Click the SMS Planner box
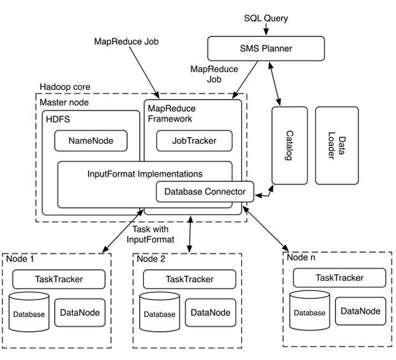tap(266, 49)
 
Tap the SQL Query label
tap(266, 19)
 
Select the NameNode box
tap(91, 141)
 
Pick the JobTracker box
tap(194, 141)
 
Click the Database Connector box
tap(205, 191)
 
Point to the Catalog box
tap(289, 146)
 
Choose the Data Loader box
tap(337, 146)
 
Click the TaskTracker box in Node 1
tap(59, 279)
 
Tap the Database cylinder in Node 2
tap(160, 312)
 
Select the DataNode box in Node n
tap(361, 311)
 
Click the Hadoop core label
tap(65, 87)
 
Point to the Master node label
tap(64, 103)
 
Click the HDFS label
tap(58, 119)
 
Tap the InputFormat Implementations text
tap(145, 174)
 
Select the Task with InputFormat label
tap(151, 234)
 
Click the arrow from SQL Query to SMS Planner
tap(266, 29)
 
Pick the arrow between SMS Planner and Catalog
tap(275, 84)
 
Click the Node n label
tap(301, 257)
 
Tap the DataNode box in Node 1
tap(80, 313)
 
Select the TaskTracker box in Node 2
tap(190, 279)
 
